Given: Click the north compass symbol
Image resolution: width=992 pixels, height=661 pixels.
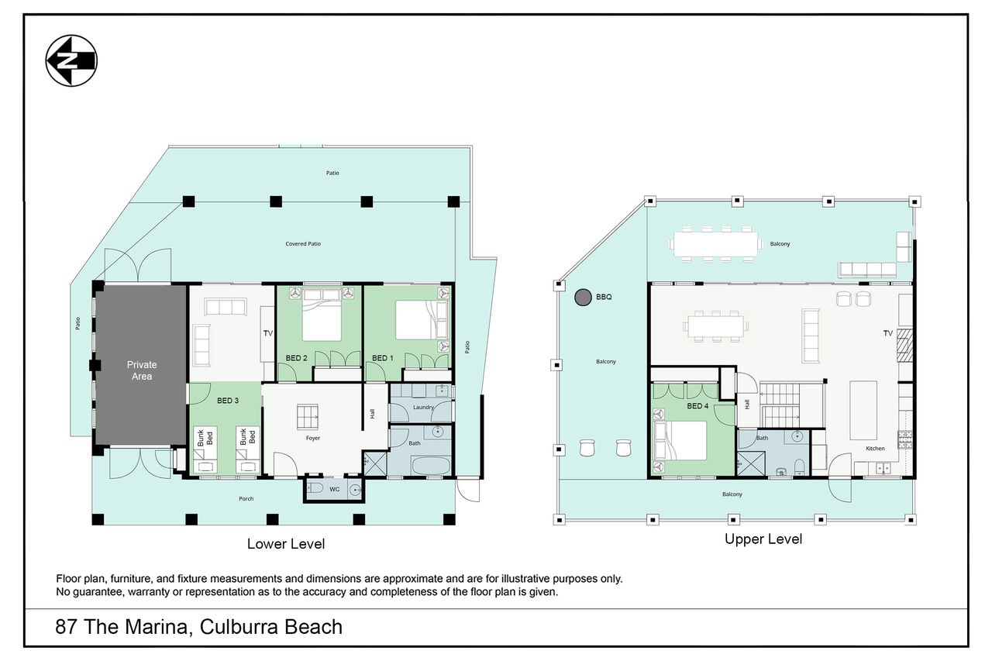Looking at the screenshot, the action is (x=71, y=60).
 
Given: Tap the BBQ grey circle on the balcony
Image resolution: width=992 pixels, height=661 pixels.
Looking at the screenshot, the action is (x=583, y=298).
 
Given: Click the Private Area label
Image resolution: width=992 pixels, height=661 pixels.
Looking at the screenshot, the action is (x=142, y=370).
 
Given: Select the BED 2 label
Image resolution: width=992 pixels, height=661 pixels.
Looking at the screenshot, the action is (x=296, y=358).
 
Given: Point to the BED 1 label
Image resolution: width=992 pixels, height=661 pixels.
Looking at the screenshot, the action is (x=383, y=358).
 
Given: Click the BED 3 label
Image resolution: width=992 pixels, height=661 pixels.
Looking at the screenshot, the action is (x=228, y=401).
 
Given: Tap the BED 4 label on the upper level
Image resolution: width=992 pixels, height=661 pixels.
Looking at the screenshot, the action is (x=697, y=406).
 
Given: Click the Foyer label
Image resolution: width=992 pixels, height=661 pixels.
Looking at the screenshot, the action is (x=312, y=439).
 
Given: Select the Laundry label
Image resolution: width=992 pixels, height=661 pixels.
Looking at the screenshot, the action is (x=423, y=408).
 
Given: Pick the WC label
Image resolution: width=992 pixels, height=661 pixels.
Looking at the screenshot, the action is (x=334, y=489).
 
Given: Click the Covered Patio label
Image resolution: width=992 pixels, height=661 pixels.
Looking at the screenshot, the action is (x=303, y=244).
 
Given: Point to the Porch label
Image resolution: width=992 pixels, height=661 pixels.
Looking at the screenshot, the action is (x=246, y=499).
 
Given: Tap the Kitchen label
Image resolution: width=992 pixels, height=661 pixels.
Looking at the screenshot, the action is (x=875, y=449).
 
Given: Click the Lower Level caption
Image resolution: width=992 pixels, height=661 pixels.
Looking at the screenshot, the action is (x=286, y=544).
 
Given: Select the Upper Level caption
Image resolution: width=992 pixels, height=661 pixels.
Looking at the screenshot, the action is (x=763, y=539).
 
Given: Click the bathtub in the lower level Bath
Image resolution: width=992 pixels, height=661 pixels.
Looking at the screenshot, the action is (x=431, y=466).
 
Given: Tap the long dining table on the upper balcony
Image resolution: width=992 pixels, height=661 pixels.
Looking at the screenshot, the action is (x=715, y=244).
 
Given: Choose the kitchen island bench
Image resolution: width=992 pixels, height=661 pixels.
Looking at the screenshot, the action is (x=863, y=410).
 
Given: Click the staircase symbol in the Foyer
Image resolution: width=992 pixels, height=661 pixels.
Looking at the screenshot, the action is (x=308, y=417).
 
